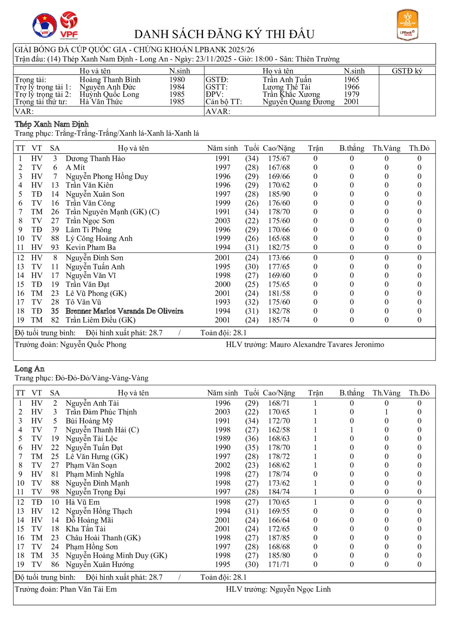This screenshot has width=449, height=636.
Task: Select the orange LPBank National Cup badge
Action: coord(407,25)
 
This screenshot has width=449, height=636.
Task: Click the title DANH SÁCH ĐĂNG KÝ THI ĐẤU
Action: coord(224,34)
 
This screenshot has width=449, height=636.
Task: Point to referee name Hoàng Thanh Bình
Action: coord(110,80)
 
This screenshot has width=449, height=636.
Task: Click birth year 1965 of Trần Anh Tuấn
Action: coord(351,80)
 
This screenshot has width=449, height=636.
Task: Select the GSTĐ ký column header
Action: coord(407,71)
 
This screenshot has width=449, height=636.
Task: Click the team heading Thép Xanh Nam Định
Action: coord(52,124)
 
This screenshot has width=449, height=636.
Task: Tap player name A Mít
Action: coord(75,168)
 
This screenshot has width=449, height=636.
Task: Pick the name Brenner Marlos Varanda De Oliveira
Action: coord(125,311)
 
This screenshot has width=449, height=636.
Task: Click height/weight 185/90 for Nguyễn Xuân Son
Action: coord(279,194)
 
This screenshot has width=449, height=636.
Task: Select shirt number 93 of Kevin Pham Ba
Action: coord(55,248)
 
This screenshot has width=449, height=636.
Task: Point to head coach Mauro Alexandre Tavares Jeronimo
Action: coord(327,345)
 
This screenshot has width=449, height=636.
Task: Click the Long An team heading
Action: coord(30,369)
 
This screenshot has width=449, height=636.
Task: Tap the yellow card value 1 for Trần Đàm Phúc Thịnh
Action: coord(386,412)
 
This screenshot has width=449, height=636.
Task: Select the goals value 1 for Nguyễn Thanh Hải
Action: coord(352,430)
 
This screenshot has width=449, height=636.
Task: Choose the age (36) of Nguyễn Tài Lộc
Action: coord(252,439)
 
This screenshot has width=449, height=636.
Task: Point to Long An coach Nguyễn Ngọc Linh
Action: coord(300,590)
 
